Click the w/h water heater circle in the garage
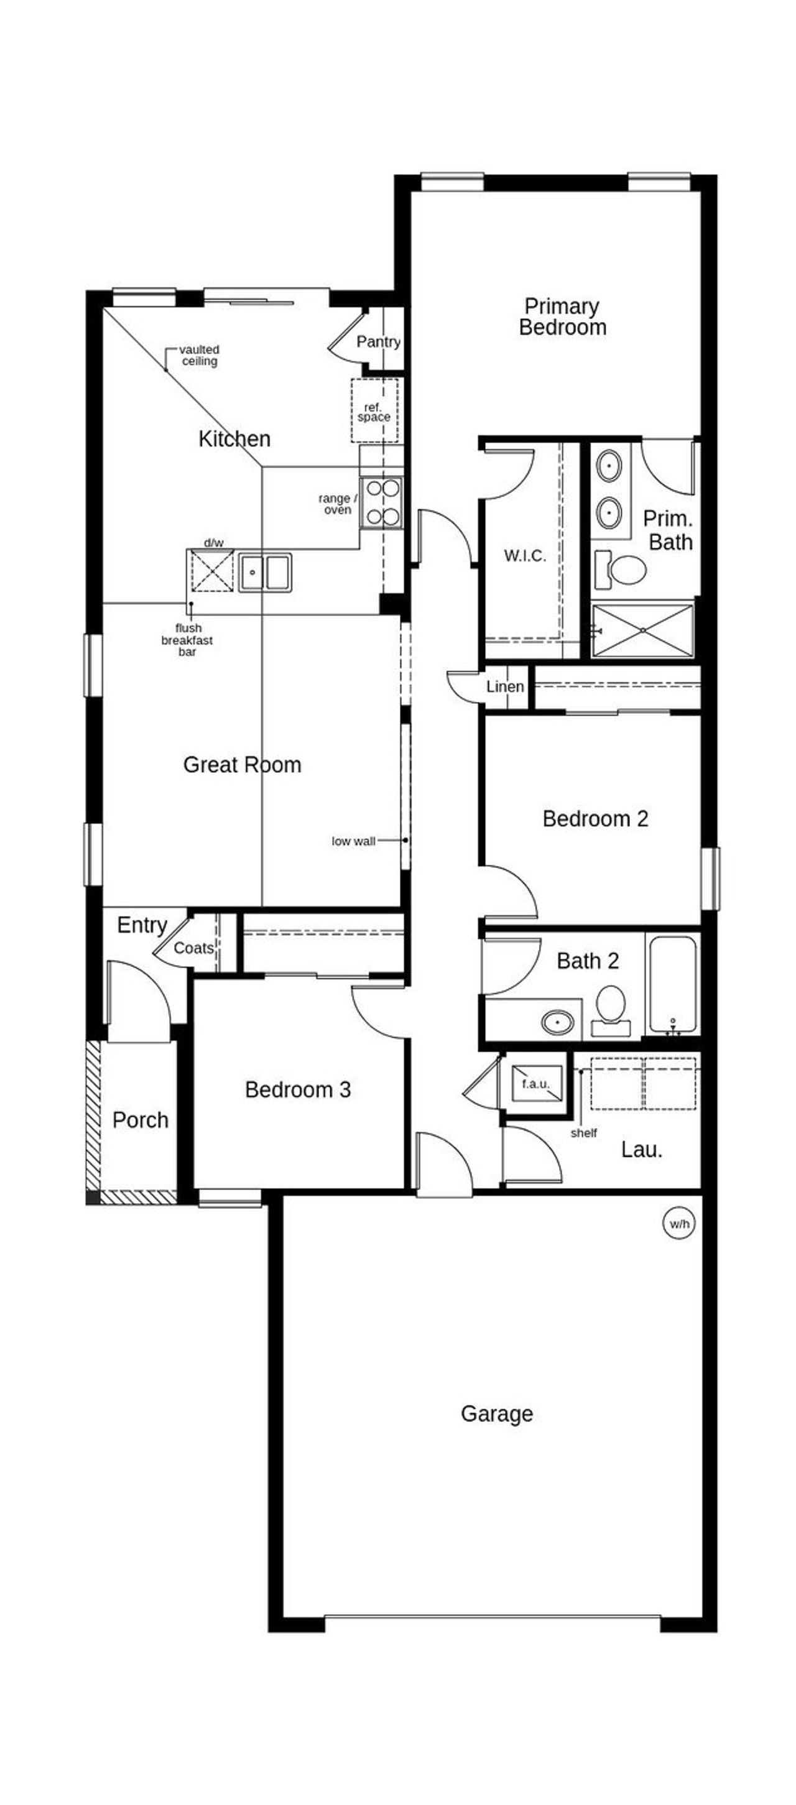click(678, 1224)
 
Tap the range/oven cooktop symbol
click(382, 502)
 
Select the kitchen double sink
click(265, 572)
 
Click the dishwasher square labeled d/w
click(212, 570)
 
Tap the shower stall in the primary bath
click(642, 630)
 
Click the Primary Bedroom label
click(562, 316)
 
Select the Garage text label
click(496, 1413)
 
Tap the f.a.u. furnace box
click(535, 1083)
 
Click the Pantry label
click(378, 342)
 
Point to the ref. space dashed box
click(374, 410)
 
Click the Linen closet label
click(504, 686)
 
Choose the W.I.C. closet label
click(524, 556)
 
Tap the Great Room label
click(242, 764)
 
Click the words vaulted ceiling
click(200, 355)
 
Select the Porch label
click(140, 1120)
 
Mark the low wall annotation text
click(353, 841)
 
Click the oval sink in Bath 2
click(558, 1022)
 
